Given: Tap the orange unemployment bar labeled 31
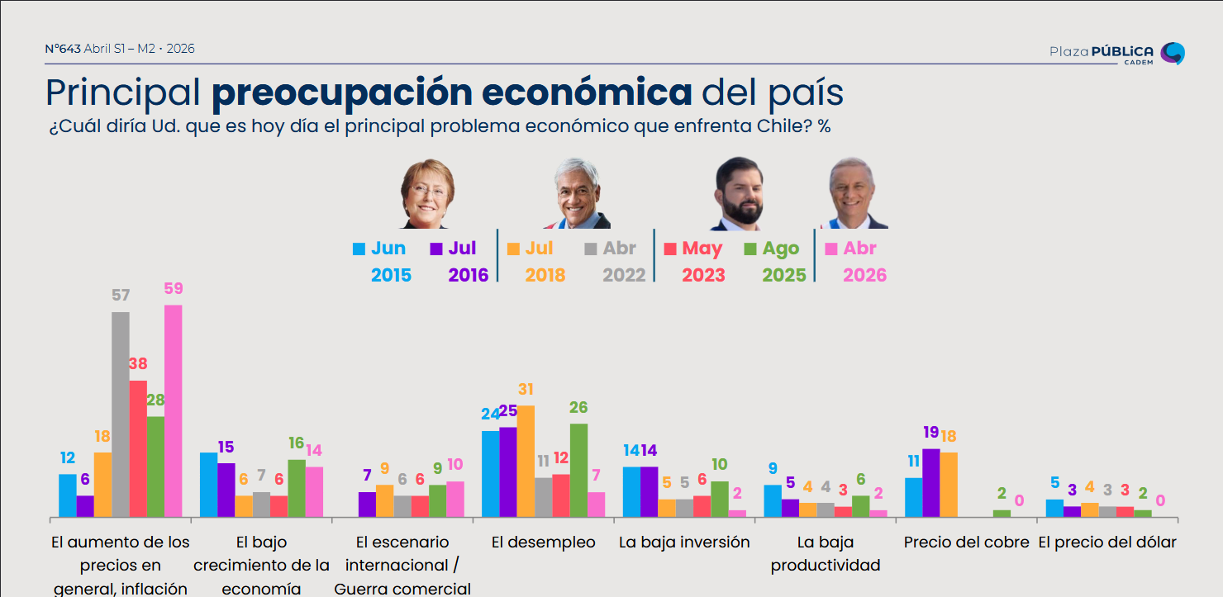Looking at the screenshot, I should coord(526,462).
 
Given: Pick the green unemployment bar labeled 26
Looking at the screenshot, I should coord(578,471).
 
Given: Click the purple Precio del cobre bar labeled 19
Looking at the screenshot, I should coord(931,483).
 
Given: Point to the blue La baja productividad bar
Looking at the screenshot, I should coord(773,501).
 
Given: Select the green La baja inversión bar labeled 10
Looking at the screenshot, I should coord(720,500).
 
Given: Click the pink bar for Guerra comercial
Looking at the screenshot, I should coord(454,500).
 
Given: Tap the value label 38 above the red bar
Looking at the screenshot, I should coord(138,363).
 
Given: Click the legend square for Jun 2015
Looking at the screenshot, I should coord(359,249).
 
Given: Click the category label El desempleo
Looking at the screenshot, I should coord(543,543).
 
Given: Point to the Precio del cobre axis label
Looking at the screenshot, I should coord(966,543).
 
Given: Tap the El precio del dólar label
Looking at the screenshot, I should coord(1106,543).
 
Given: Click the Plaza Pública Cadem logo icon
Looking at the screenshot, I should coord(1172,53).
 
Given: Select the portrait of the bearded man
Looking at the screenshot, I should coord(737,194).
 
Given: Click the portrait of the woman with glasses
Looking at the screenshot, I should coord(427,194).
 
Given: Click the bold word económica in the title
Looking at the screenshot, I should coord(587,93).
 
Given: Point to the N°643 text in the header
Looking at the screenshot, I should coord(63,49).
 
